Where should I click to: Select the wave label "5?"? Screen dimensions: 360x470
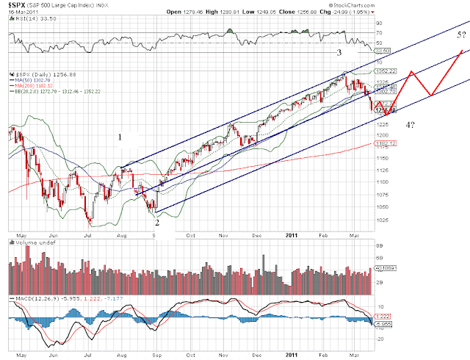(454, 35)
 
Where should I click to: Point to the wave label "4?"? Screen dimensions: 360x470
(412, 126)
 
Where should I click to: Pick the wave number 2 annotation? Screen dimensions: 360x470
(156, 214)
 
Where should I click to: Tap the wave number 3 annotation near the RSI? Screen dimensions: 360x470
(339, 53)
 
